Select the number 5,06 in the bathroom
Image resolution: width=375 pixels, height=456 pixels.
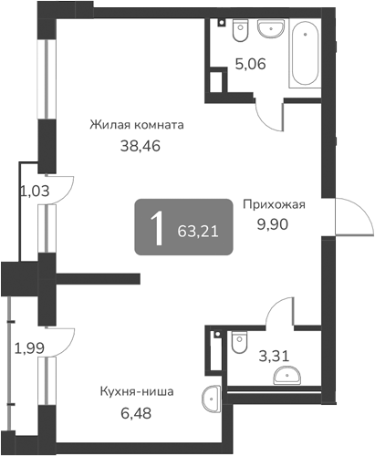click(251, 64)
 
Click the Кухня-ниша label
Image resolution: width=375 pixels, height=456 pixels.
click(137, 393)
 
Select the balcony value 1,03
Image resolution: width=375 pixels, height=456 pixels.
click(34, 191)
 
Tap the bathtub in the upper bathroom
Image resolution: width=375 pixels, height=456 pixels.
click(304, 55)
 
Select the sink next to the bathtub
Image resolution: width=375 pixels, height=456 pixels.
click(271, 30)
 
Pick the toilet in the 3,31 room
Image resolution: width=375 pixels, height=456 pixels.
click(239, 342)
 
